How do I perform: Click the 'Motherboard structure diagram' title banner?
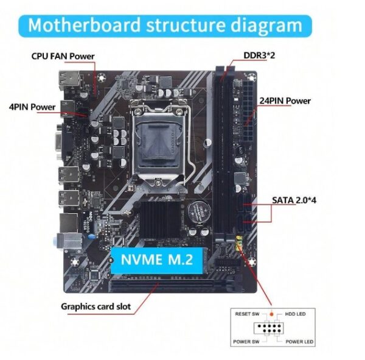point(165,26)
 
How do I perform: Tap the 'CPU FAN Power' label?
point(63,56)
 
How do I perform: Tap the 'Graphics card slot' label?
point(96,306)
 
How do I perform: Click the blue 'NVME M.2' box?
point(156,259)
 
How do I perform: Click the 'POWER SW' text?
point(246,342)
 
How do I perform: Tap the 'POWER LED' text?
point(300,342)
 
